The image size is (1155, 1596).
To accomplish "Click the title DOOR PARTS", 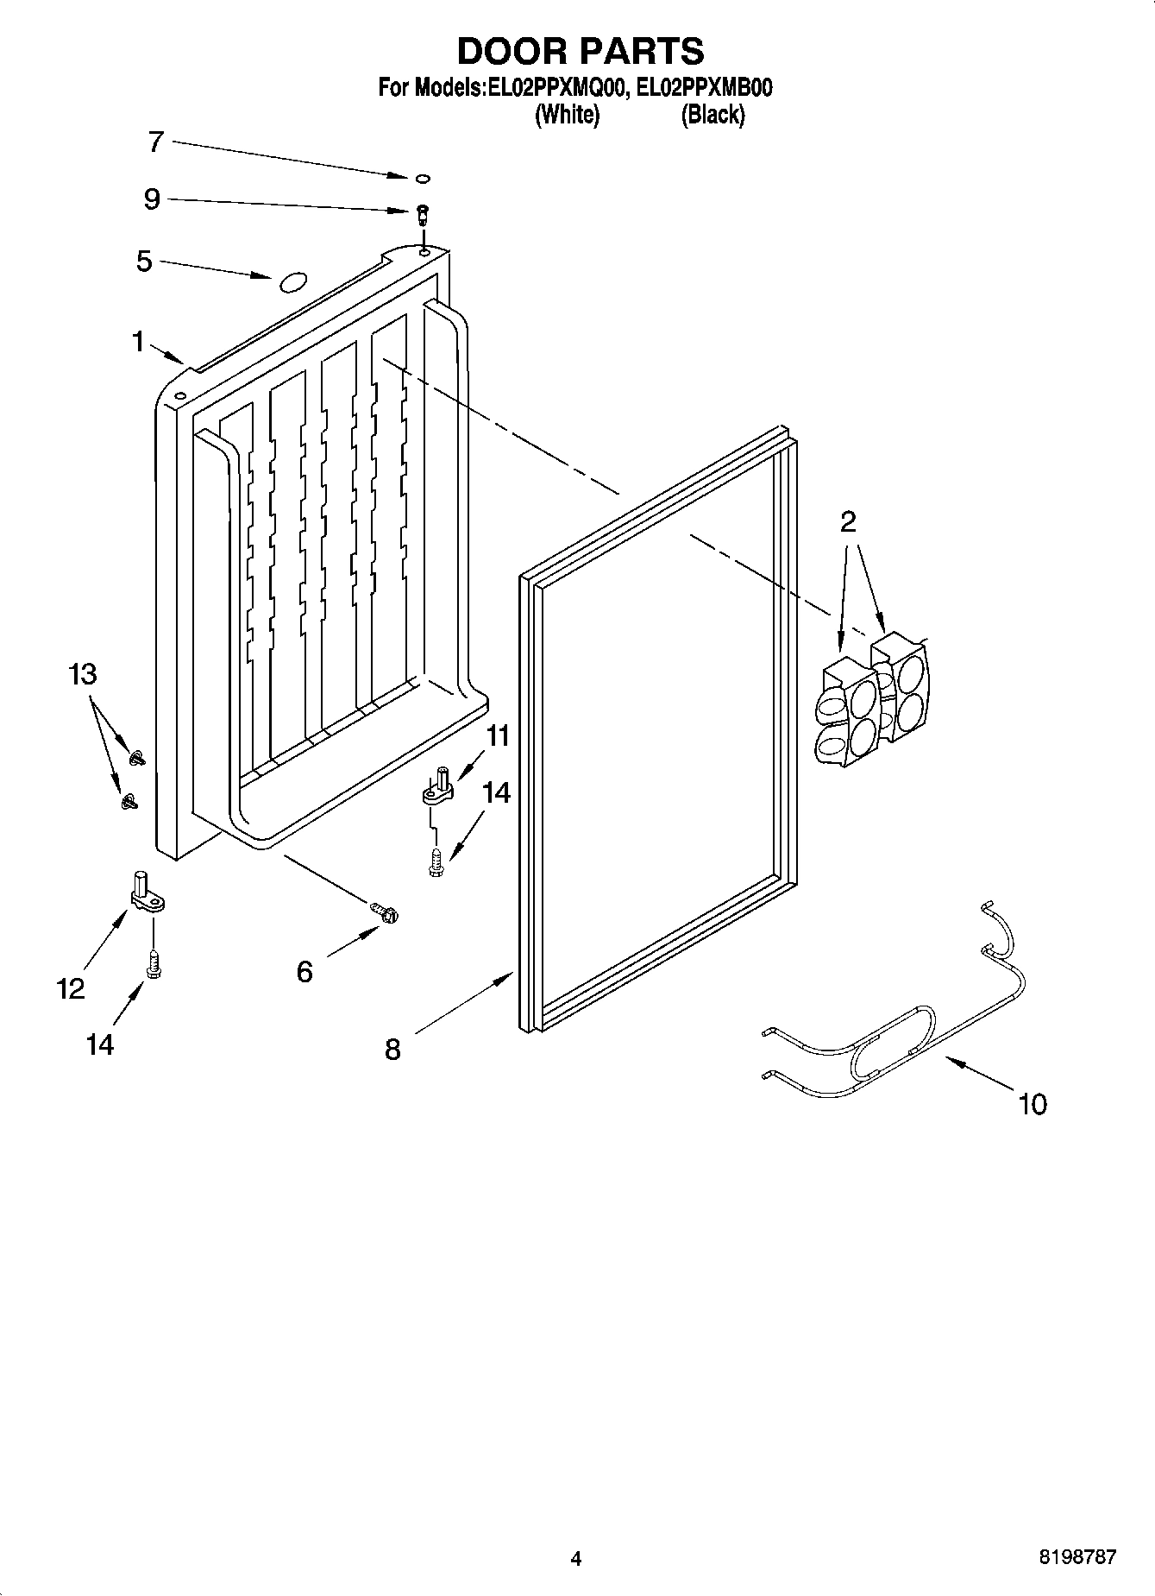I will click(x=580, y=52).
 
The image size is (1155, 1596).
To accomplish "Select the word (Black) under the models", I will click(x=712, y=115).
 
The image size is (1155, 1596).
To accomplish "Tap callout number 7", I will click(x=155, y=142).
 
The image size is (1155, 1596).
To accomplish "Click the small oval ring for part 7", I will click(x=423, y=179).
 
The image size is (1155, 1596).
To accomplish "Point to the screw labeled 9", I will click(x=423, y=212).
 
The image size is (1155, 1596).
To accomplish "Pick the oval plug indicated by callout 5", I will click(x=292, y=281).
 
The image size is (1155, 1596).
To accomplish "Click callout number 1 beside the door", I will click(x=138, y=343).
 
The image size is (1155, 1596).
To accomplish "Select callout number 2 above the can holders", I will click(x=849, y=521).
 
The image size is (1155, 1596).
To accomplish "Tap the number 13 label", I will click(x=83, y=674).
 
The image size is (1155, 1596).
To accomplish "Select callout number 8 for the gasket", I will click(x=392, y=1050).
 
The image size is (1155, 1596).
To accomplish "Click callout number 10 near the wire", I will click(x=1032, y=1103).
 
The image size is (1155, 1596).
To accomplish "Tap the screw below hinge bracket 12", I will click(x=154, y=964).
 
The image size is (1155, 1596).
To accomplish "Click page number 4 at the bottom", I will click(x=576, y=1558).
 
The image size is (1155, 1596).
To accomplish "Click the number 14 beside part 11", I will click(x=496, y=792).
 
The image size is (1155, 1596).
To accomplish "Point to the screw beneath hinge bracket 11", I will click(x=436, y=862).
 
